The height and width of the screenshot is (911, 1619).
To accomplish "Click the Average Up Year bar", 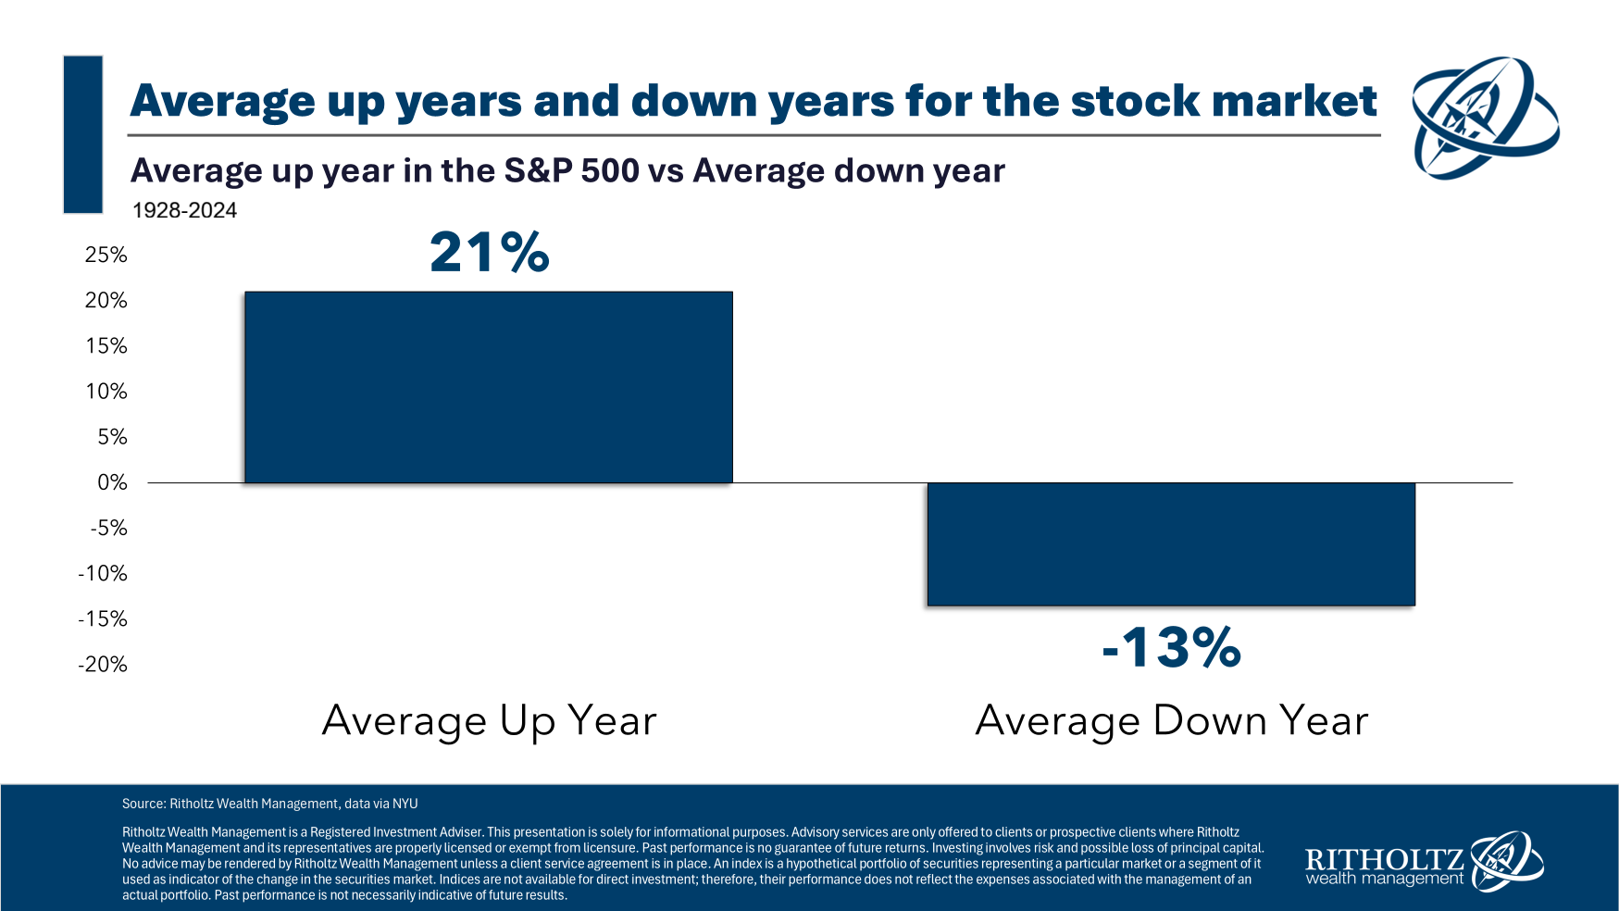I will pos(488,387).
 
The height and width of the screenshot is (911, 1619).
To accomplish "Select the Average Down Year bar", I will pos(1171,543).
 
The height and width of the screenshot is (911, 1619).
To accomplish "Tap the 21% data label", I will pos(490,253).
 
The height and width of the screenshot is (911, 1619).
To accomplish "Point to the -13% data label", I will pos(1171,647).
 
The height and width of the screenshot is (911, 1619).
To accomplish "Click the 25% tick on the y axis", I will pos(106,255).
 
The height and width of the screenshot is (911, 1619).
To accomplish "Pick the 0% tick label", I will pos(112,482).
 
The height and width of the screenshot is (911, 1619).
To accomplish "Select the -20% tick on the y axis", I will pos(103,664).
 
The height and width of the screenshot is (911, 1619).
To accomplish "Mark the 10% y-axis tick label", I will pos(106,392).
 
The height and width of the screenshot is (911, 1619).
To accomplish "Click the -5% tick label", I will pos(108,528).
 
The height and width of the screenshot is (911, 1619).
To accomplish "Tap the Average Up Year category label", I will pos(489,720).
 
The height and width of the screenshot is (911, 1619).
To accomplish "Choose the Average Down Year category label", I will pos(1171,720).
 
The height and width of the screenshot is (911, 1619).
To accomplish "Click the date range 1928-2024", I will pos(184,210).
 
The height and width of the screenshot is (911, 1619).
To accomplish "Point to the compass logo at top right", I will pos(1484,118).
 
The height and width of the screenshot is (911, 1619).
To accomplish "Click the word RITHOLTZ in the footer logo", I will pos(1384,859).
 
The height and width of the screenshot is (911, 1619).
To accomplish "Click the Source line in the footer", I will pos(269,804).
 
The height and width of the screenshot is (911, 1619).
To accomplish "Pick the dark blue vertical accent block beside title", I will pos(82,134).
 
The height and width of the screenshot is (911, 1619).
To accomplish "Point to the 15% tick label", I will pos(106,346).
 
